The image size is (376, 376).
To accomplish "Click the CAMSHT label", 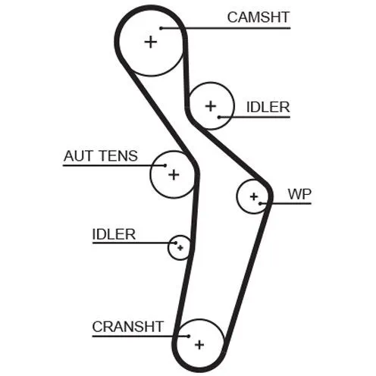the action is click(x=258, y=17).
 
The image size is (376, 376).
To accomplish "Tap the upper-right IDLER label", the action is click(x=268, y=107).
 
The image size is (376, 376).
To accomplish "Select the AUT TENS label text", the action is click(x=101, y=155).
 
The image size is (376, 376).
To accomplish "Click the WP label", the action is click(x=299, y=194).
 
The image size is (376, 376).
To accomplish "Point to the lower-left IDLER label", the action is click(x=114, y=234).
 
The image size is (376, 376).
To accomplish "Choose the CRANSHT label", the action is click(x=128, y=327).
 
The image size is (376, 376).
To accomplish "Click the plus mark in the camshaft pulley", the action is click(x=151, y=42).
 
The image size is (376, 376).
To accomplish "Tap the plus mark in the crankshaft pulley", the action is click(x=199, y=345).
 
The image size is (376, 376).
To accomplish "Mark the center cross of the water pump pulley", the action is click(x=254, y=196).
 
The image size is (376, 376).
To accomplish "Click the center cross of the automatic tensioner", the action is click(x=174, y=174).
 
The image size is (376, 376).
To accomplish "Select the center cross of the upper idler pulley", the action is click(x=211, y=106).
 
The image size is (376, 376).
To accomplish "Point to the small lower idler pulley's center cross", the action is click(x=180, y=248).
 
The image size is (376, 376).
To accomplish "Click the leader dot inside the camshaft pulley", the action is click(x=161, y=28).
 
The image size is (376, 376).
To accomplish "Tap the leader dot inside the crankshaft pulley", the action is click(x=189, y=336).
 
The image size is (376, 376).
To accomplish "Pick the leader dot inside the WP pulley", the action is click(x=260, y=203).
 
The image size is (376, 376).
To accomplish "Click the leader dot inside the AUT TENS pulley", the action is click(x=165, y=165).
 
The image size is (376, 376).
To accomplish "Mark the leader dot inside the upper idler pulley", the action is click(x=219, y=117).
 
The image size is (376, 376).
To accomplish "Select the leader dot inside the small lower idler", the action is click(x=176, y=243).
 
